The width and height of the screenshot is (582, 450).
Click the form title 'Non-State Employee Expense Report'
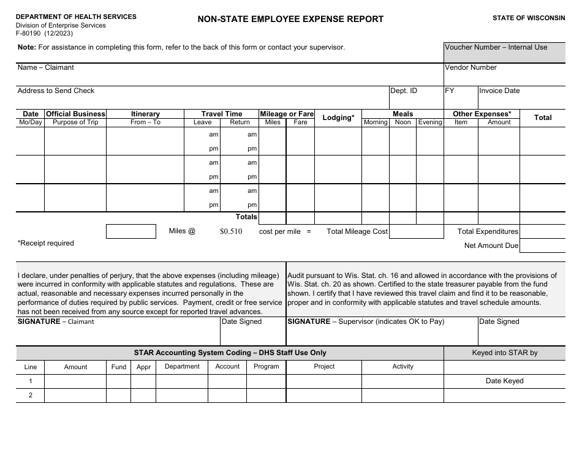tap(290, 19)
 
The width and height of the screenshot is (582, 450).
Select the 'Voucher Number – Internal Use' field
tap(496, 47)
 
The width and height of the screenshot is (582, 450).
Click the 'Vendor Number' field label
tap(471, 67)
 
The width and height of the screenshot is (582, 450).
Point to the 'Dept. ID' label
tap(404, 91)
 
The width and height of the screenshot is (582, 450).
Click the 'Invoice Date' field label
tap(499, 91)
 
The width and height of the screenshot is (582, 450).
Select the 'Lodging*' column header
tap(338, 118)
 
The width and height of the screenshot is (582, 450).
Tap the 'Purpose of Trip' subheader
tap(75, 122)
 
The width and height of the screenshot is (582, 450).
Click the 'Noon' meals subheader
tap(402, 122)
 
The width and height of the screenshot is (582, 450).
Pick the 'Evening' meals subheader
tap(429, 122)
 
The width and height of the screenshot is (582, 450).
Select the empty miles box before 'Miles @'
tap(131, 231)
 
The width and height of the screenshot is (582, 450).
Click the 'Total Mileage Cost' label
tap(357, 231)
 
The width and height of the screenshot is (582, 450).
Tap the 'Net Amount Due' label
tap(491, 246)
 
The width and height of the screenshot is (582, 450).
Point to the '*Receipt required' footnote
tap(45, 243)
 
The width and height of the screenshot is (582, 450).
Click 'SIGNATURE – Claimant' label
tap(56, 321)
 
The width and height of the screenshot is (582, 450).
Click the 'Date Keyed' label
tap(504, 381)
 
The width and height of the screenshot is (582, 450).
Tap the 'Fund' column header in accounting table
tap(119, 367)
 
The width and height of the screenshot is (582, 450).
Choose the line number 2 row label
tap(30, 396)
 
